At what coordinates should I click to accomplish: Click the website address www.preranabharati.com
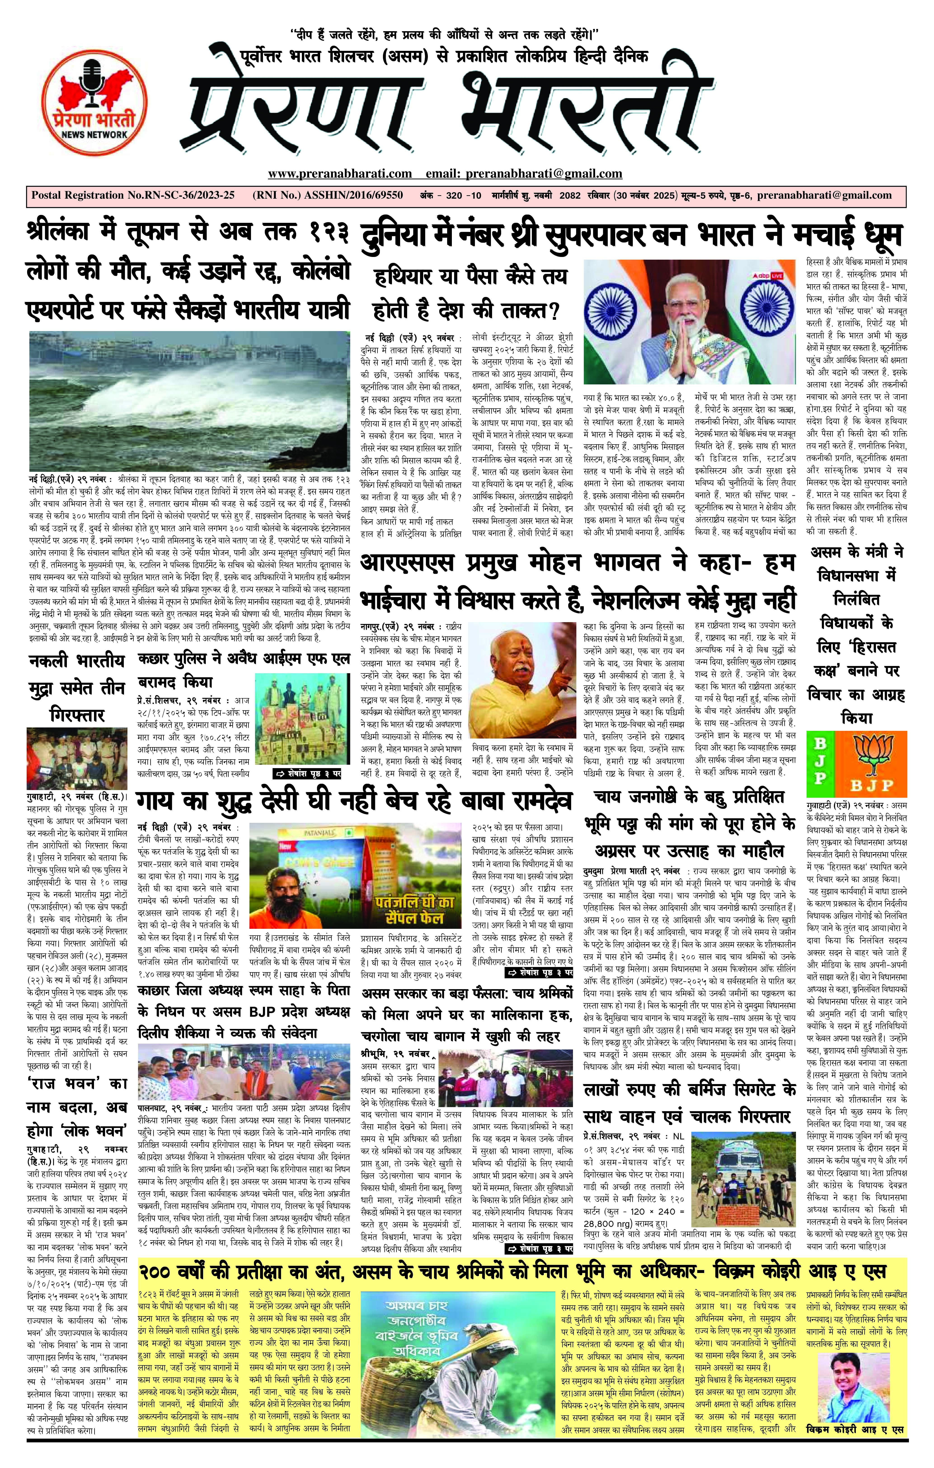(x=340, y=174)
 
